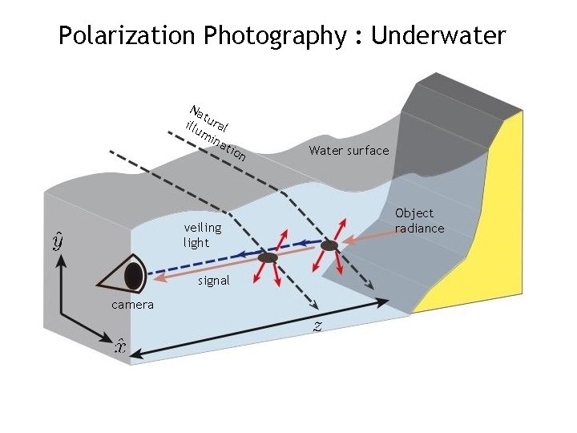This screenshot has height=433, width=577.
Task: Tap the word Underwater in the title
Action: [x=439, y=36]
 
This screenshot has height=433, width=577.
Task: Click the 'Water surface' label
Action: [x=349, y=151]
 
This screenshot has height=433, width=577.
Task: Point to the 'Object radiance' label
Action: [x=418, y=221]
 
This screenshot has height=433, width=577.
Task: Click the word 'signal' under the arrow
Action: [x=213, y=281]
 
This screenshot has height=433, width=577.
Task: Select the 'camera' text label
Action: [x=133, y=305]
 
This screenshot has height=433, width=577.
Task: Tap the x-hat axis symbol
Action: [x=119, y=346]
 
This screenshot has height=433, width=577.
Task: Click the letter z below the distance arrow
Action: [x=317, y=326]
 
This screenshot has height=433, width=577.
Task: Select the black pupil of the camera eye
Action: [x=134, y=276]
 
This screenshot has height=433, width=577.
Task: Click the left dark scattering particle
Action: [x=268, y=258]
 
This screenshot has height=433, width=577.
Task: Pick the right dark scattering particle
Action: [x=329, y=244]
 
